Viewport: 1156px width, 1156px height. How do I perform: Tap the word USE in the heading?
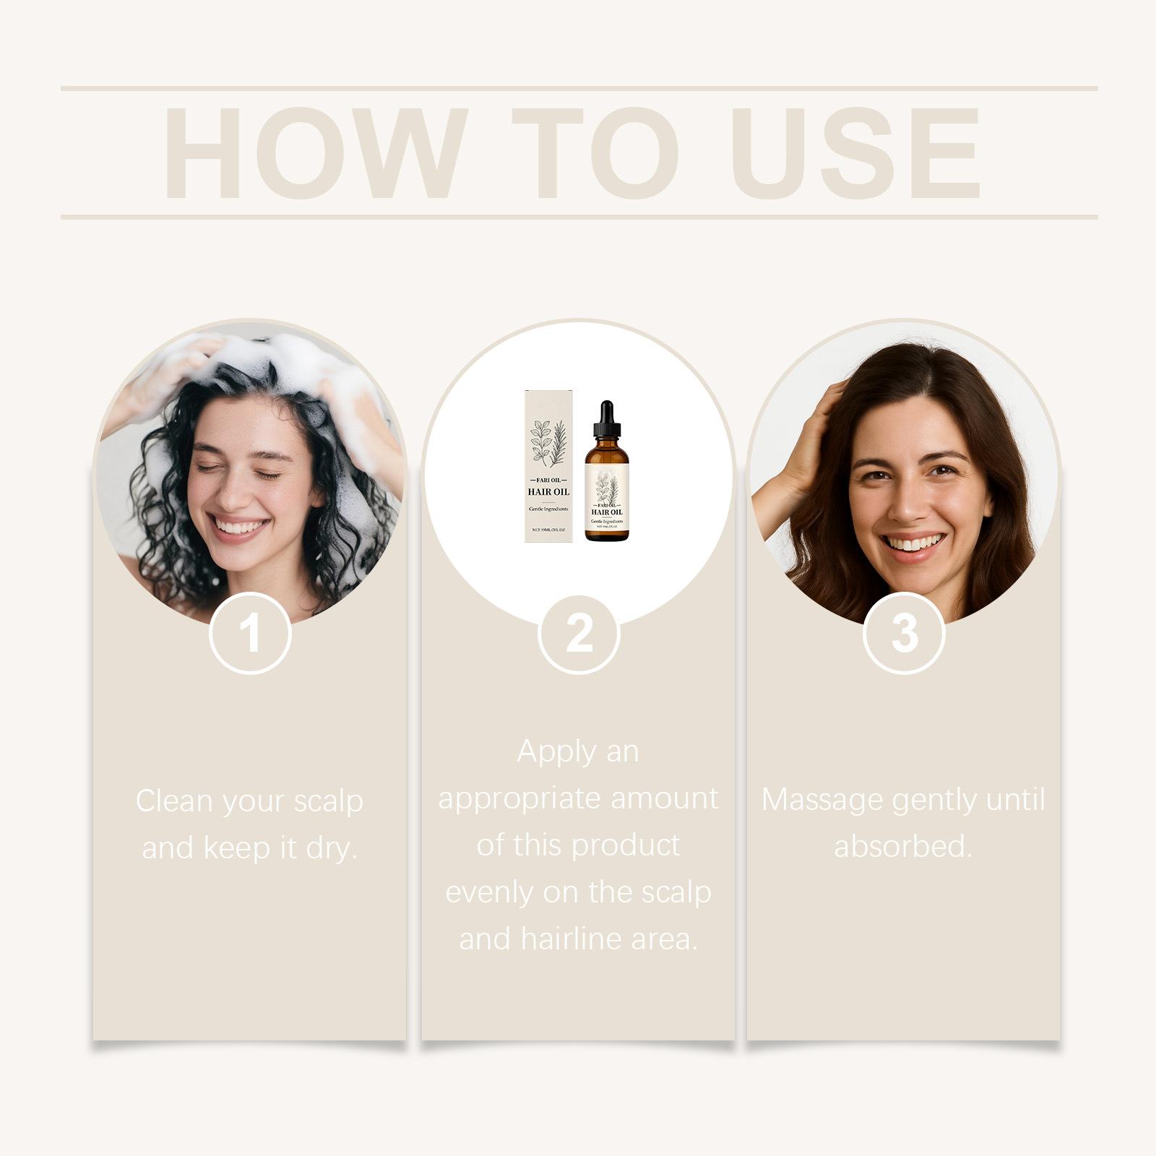(x=859, y=153)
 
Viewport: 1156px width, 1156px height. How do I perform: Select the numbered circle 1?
(x=250, y=634)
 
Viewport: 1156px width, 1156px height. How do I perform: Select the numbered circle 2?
(x=579, y=634)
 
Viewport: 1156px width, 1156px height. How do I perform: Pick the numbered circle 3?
(x=904, y=634)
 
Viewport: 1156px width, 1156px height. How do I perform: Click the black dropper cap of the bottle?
(x=607, y=419)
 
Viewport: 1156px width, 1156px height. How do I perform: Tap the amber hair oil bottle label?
(x=607, y=502)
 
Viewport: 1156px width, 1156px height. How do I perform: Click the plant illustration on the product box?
(x=548, y=441)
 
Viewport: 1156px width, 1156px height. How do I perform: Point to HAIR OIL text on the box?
(x=548, y=492)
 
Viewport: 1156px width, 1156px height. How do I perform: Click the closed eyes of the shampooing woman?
(x=238, y=472)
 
